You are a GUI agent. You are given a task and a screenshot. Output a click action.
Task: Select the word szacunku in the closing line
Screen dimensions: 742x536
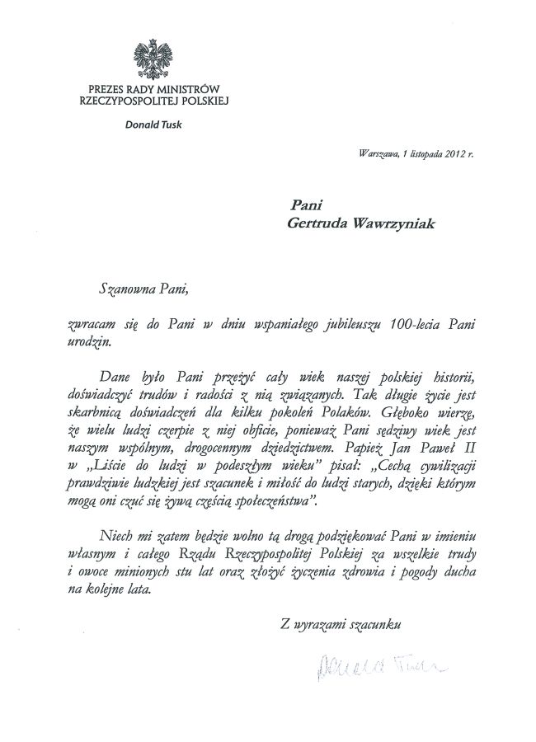click(x=376, y=624)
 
